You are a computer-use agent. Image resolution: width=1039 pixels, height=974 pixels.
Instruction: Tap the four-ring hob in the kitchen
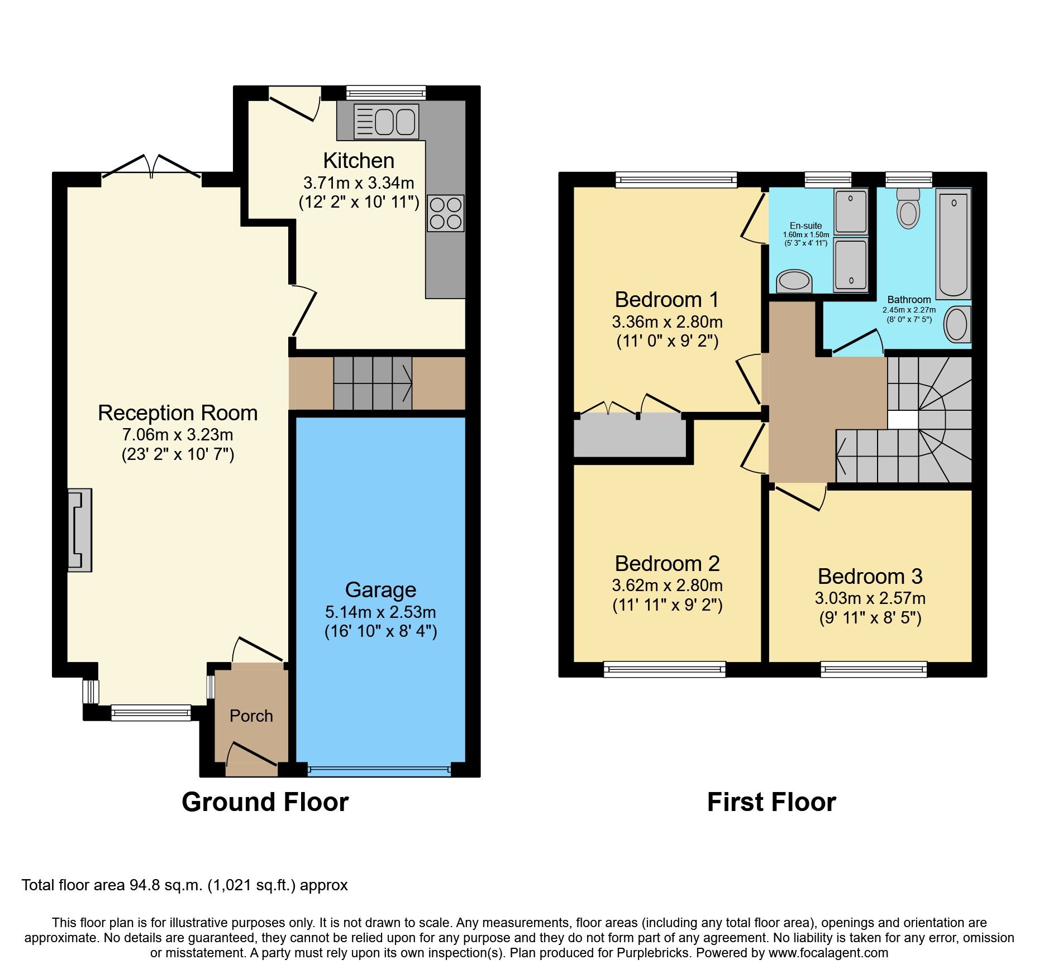pos(446,213)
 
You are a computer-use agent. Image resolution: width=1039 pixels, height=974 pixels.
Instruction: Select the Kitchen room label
pos(359,161)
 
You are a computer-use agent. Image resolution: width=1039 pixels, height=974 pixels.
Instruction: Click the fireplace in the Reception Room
pos(80,530)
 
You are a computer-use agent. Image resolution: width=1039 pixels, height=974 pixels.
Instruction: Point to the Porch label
pos(251,716)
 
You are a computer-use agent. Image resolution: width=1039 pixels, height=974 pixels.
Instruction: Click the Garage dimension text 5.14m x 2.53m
pos(380,612)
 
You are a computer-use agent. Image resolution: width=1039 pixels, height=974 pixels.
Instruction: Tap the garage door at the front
pos(379,771)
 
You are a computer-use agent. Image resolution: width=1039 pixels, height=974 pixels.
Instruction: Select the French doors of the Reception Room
pos(151,168)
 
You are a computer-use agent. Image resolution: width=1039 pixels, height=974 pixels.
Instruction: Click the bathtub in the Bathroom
pos(954,244)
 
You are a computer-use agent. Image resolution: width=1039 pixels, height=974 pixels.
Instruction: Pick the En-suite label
pos(806,225)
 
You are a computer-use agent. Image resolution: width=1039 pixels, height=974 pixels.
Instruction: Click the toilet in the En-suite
pos(794,281)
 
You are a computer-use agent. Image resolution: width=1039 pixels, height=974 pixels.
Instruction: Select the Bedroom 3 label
pos(870,576)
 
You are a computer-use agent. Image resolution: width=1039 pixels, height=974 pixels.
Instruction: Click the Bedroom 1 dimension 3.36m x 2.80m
pos(667,322)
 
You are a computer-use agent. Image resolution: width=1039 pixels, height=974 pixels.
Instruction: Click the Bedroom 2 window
pos(664,669)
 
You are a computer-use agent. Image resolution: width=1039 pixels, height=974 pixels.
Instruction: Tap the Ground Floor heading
pos(265,802)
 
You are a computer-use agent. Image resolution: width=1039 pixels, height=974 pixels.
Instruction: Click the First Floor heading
pos(771,802)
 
